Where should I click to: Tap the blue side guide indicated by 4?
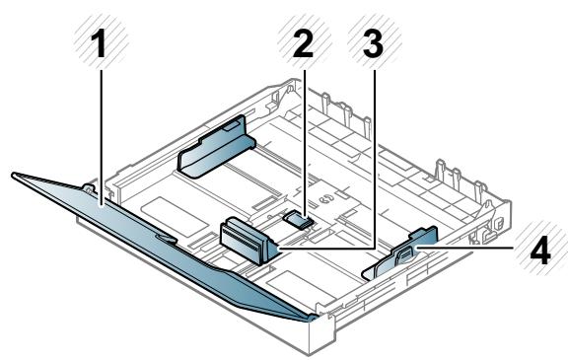point(399,253)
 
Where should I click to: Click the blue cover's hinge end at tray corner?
point(312,317)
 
